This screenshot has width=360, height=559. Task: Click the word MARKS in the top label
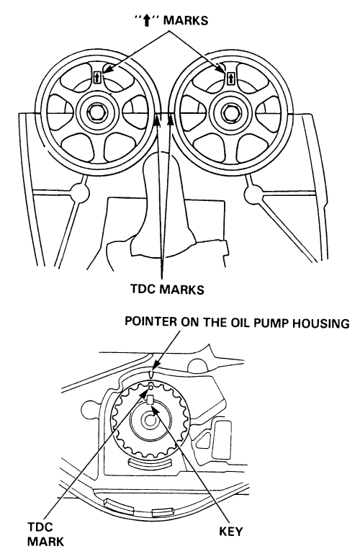[x=185, y=20]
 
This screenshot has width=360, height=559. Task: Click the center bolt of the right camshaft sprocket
[x=228, y=112]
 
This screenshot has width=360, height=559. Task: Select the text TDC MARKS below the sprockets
[x=167, y=289]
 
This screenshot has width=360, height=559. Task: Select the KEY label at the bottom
[x=230, y=531]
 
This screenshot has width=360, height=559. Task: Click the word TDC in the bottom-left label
[x=40, y=527]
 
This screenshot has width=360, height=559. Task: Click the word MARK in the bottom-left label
[x=45, y=542]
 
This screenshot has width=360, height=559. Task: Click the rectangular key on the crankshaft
[x=150, y=400]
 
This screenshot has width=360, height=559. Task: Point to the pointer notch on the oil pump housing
[x=151, y=374]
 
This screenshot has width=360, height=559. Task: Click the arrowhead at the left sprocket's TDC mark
[x=157, y=120]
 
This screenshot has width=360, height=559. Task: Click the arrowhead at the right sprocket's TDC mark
[x=171, y=120]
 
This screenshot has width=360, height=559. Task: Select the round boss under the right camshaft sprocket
[x=253, y=194]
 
